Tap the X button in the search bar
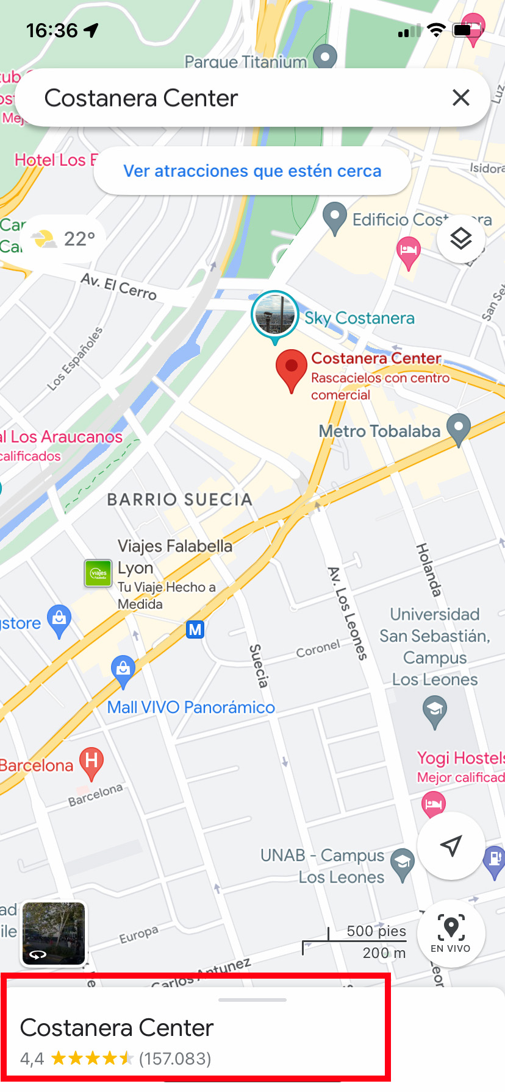coord(461,97)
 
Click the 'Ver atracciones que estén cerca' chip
coord(252,171)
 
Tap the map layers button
coord(461,239)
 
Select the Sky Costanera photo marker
coord(275,315)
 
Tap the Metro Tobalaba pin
coord(459,428)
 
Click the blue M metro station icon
coord(195,629)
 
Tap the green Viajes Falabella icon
coord(98,573)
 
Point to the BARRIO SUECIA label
coord(179,500)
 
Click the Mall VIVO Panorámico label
coord(191,707)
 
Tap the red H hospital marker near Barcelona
coord(91,762)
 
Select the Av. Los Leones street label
coord(348,613)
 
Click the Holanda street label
coord(428,569)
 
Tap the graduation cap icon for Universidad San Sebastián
coord(435,711)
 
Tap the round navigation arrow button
coord(451,846)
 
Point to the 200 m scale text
coord(384,953)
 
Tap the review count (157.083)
coord(175,1059)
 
